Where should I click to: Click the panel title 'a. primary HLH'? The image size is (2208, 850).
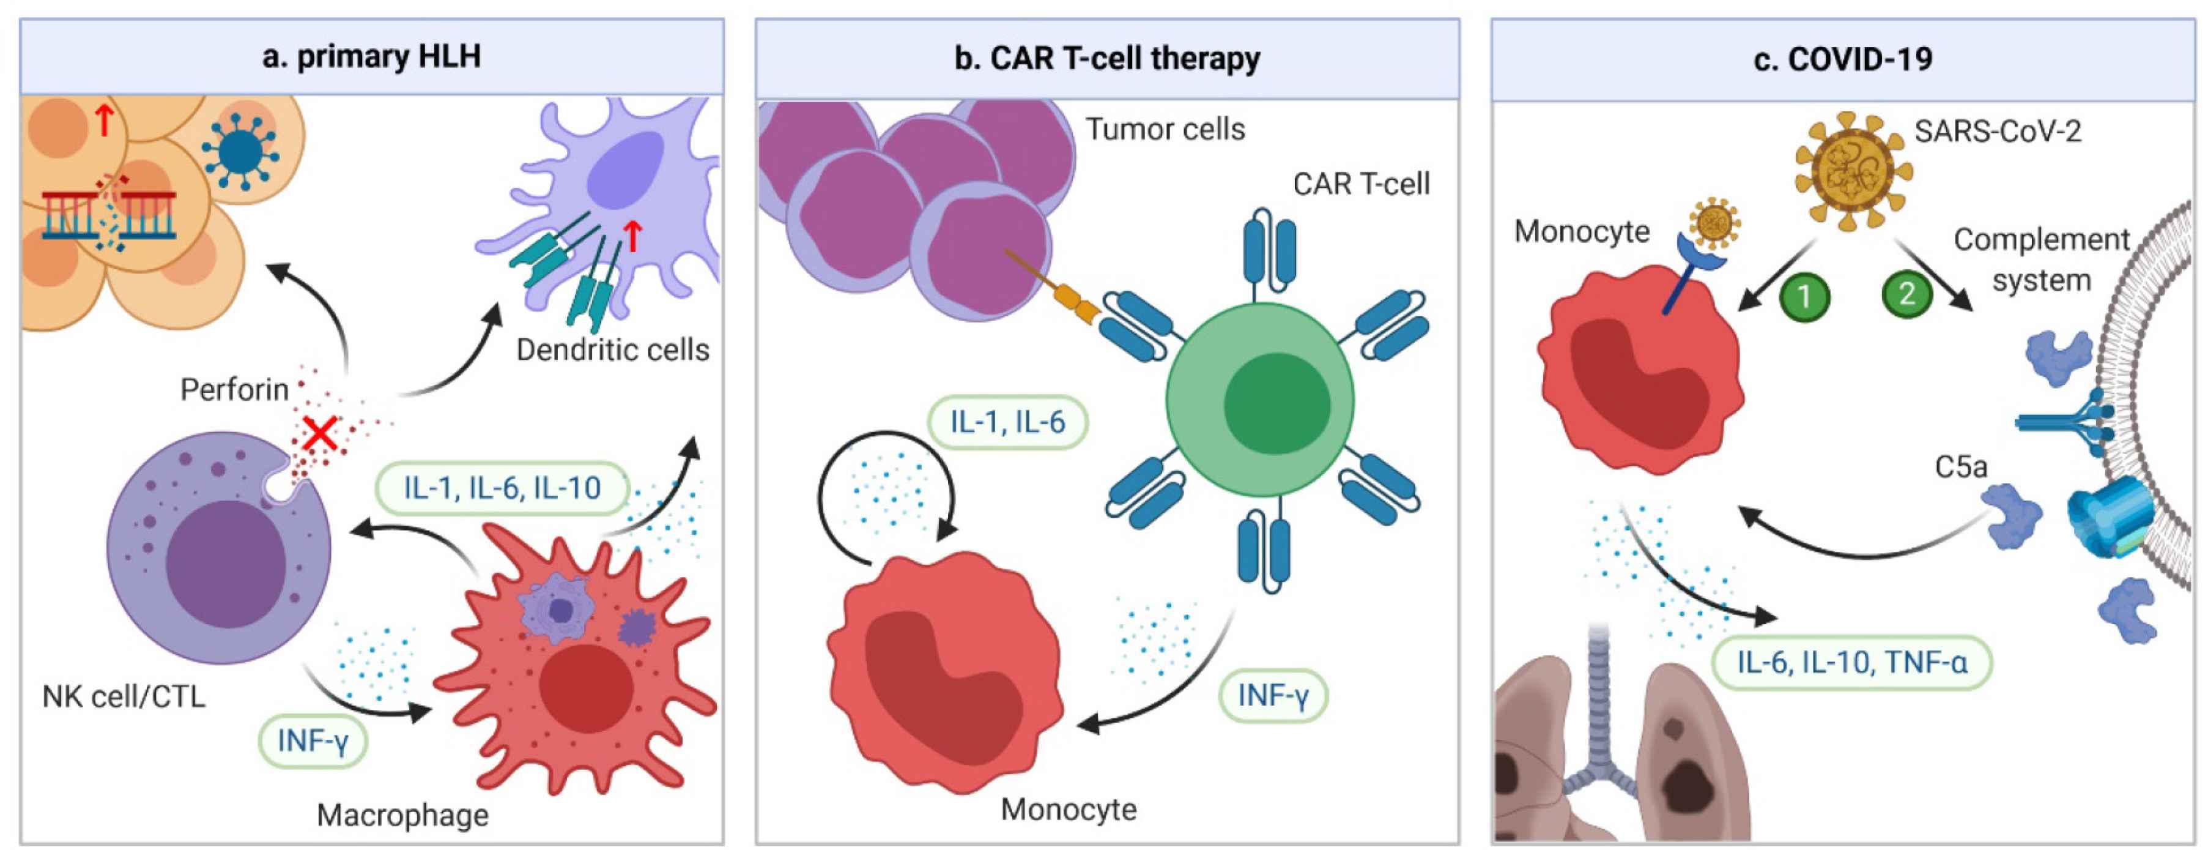coord(371,57)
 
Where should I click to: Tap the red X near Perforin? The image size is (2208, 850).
coord(320,434)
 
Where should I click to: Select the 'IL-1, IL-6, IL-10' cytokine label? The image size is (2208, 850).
coord(502,488)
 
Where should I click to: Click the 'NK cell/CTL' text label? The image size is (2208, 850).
coord(124,696)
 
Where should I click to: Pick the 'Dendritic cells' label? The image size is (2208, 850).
coord(612,350)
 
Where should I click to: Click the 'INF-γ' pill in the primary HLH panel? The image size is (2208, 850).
coord(313,740)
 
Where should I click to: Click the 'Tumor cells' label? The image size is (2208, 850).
coord(1165,130)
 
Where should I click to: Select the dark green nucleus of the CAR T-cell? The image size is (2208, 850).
coord(1276,403)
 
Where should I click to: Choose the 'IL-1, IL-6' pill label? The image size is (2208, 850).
coord(1007,422)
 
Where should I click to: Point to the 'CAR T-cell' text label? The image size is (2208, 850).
coord(1360,184)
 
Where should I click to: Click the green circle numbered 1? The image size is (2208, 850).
coord(1804,297)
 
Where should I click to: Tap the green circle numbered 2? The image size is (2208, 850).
coord(1906,294)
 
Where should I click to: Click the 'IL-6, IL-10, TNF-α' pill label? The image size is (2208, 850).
coord(1851,662)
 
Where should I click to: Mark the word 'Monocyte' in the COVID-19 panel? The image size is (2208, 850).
coord(1582,231)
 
